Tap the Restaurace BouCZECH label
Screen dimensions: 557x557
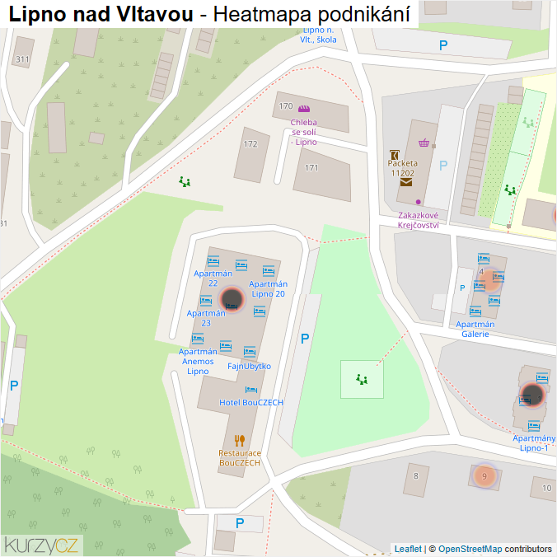coord(240,458)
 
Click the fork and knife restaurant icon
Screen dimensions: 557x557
coord(240,440)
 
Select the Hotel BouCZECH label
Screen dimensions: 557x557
coord(251,402)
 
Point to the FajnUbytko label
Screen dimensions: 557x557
coord(249,366)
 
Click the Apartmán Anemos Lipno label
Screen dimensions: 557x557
coord(198,361)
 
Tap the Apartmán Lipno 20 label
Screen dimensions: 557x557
coord(269,288)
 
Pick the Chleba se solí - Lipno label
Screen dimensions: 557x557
coord(303,132)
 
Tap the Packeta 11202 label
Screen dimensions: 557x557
coord(403,168)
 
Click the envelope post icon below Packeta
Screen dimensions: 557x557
coord(406,183)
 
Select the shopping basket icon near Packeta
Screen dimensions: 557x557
coord(424,143)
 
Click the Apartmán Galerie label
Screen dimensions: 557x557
coord(475,329)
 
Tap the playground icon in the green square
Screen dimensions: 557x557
coord(362,379)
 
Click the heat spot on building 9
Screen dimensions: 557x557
coord(485,475)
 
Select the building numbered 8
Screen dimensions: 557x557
coord(416,475)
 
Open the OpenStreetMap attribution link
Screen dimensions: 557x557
coord(470,549)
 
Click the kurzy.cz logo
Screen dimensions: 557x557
coord(41,545)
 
